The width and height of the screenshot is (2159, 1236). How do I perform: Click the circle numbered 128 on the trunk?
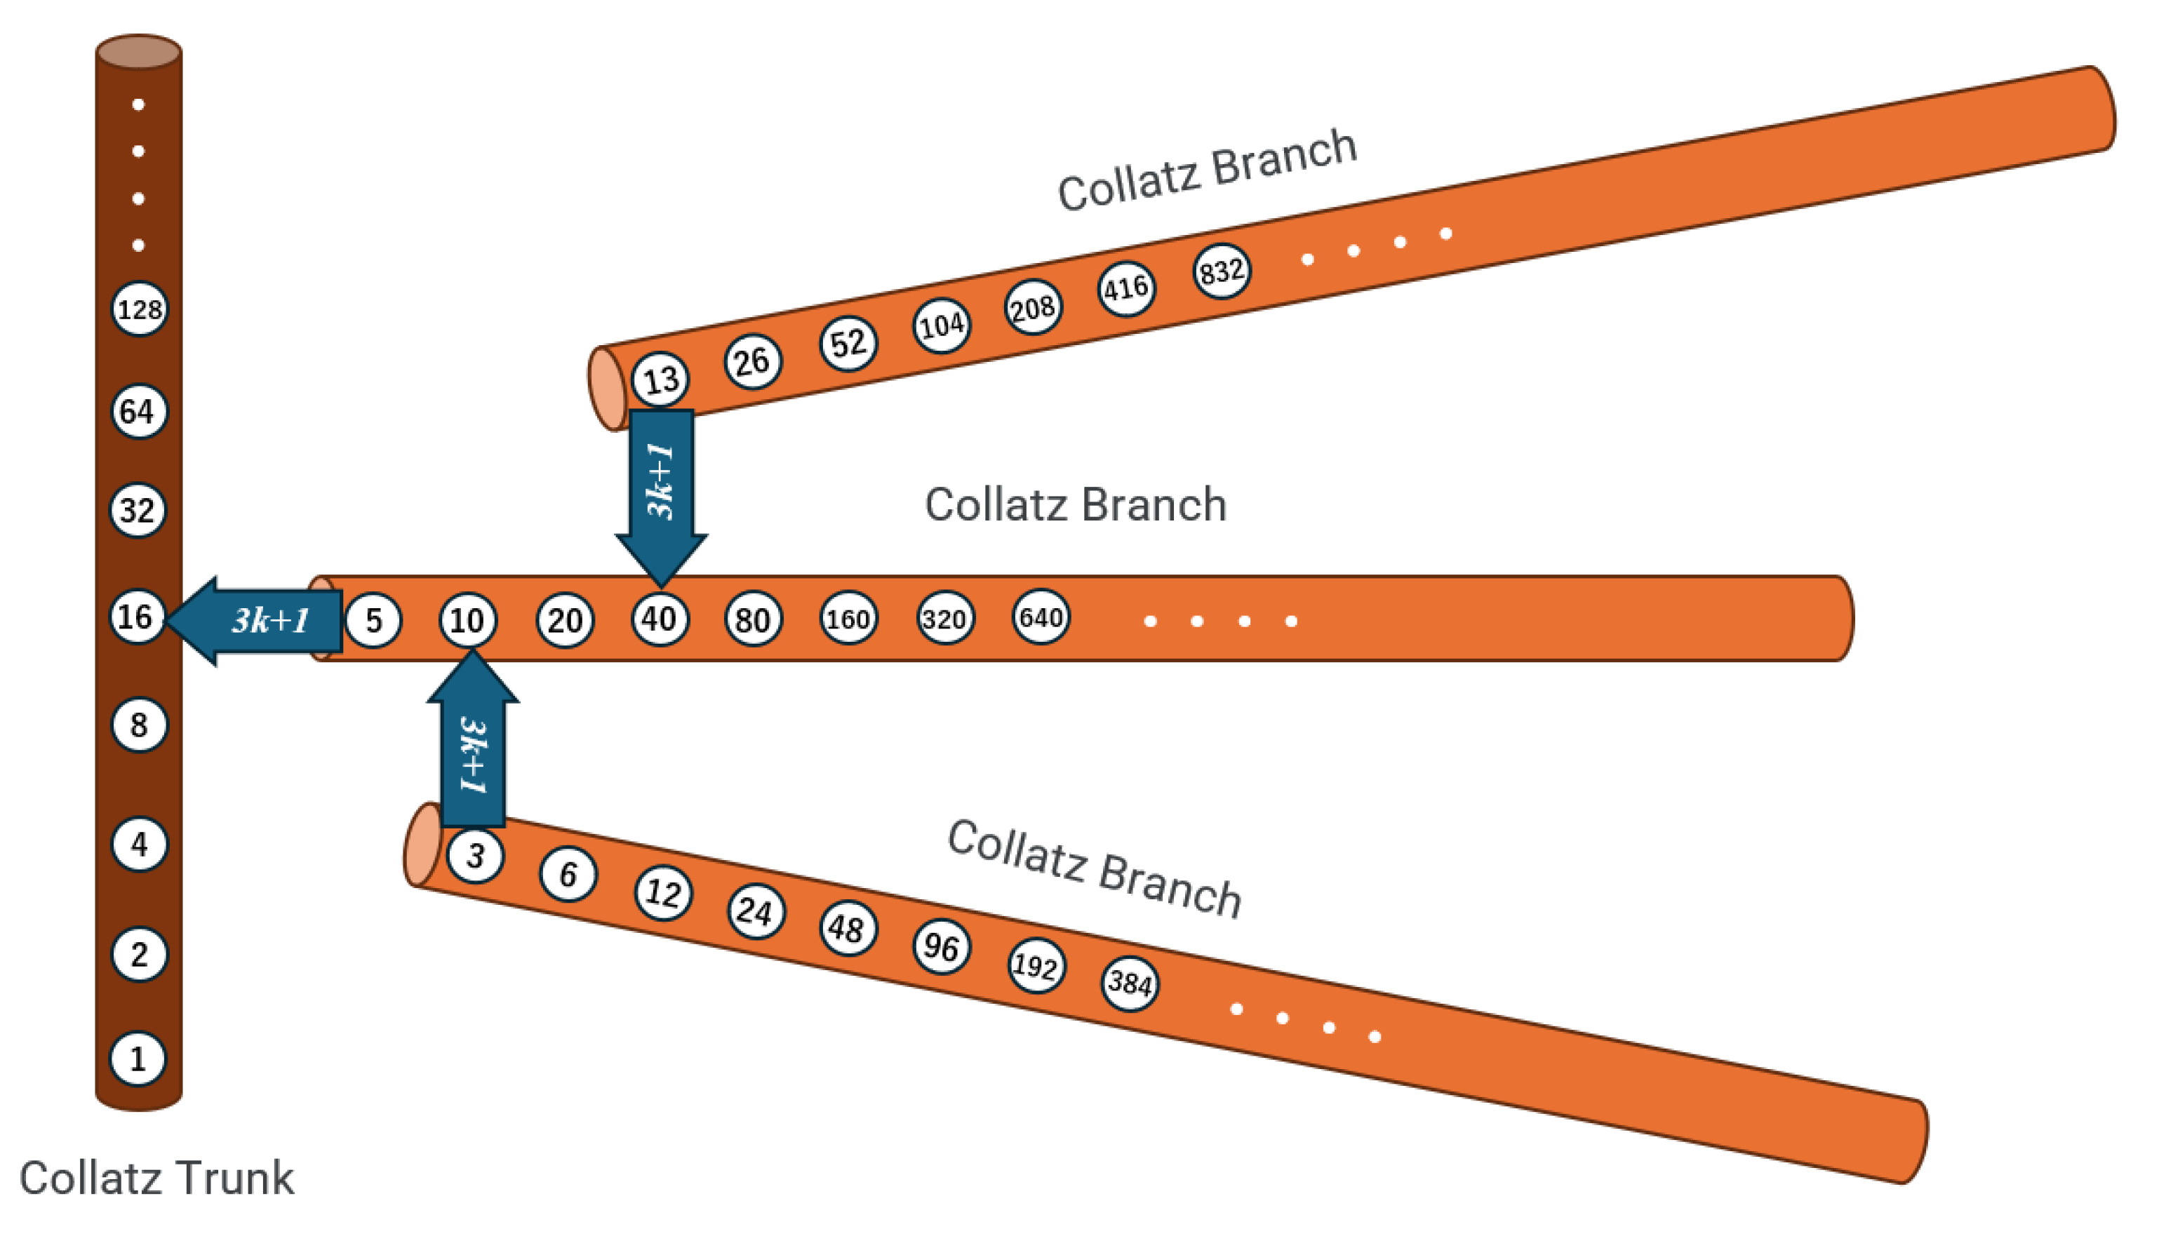[x=139, y=309]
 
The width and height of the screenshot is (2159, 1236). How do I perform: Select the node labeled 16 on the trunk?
[x=137, y=617]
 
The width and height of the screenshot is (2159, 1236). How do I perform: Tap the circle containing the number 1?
[x=138, y=1059]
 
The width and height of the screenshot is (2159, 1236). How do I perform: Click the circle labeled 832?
[x=1221, y=271]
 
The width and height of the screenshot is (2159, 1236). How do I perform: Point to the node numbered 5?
[x=373, y=621]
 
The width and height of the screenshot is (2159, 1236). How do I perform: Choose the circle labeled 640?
[x=1041, y=617]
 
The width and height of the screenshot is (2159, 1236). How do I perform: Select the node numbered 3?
[x=476, y=856]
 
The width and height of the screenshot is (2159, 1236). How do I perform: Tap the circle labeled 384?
[x=1129, y=983]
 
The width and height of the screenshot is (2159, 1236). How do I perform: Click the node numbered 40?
[x=660, y=619]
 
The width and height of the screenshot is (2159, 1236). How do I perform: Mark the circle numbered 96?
[x=941, y=946]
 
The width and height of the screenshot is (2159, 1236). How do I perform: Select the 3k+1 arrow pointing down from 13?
[x=660, y=492]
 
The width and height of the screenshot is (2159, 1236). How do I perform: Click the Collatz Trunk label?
[x=156, y=1178]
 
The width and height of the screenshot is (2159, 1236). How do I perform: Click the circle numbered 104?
[x=941, y=325]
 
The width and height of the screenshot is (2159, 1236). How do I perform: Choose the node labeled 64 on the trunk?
[x=138, y=412]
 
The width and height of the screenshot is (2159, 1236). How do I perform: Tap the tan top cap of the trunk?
[x=138, y=52]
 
